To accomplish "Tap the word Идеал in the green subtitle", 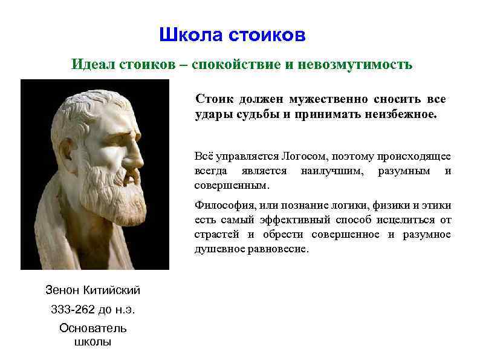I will (x=90, y=64).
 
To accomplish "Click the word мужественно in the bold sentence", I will (x=328, y=99).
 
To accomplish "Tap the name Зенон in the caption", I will (x=62, y=290).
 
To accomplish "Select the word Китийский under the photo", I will (x=109, y=290).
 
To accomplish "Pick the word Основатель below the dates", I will (x=92, y=329).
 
